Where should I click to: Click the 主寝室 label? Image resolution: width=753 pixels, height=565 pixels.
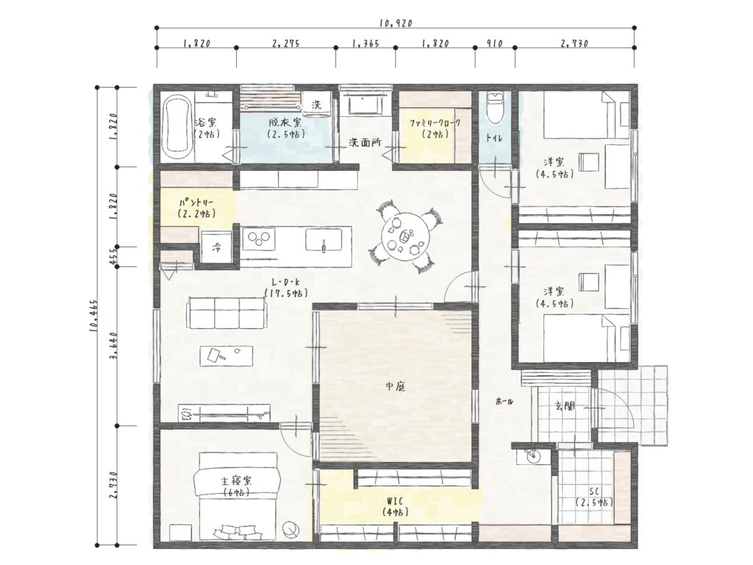click(x=236, y=480)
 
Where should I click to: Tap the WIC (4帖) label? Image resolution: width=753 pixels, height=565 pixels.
click(x=395, y=507)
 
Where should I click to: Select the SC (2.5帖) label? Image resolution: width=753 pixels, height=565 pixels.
click(x=594, y=497)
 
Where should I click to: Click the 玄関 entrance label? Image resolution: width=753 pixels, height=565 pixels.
click(x=565, y=406)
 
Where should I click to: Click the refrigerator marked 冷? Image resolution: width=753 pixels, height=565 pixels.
click(x=217, y=247)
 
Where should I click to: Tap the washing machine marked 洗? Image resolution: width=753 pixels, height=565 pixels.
click(x=317, y=104)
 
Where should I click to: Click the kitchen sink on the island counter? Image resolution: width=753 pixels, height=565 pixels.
click(x=324, y=240)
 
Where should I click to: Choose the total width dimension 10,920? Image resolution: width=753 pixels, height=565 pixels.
click(x=396, y=23)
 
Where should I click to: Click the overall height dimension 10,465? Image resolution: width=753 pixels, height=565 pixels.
click(x=93, y=316)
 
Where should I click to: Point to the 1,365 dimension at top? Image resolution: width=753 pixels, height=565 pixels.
click(x=365, y=43)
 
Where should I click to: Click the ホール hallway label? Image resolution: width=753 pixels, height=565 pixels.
click(x=504, y=401)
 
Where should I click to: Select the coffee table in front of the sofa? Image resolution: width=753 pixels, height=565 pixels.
click(x=226, y=356)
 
